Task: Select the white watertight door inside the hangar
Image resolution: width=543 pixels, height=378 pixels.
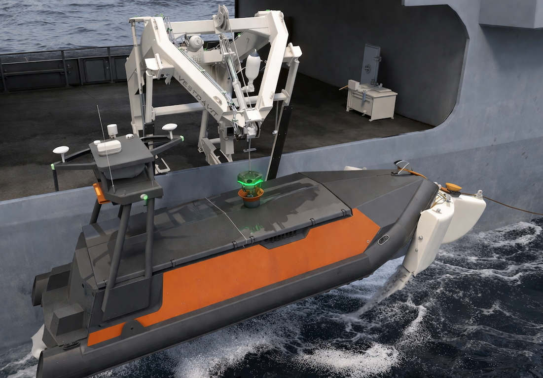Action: point(370,65)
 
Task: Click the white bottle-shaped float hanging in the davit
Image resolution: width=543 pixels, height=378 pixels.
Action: point(253,67)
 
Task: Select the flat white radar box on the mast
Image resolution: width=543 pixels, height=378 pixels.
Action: point(109,147)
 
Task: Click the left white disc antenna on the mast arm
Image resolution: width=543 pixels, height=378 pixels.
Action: point(61,151)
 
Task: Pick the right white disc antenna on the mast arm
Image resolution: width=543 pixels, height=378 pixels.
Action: point(170,127)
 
